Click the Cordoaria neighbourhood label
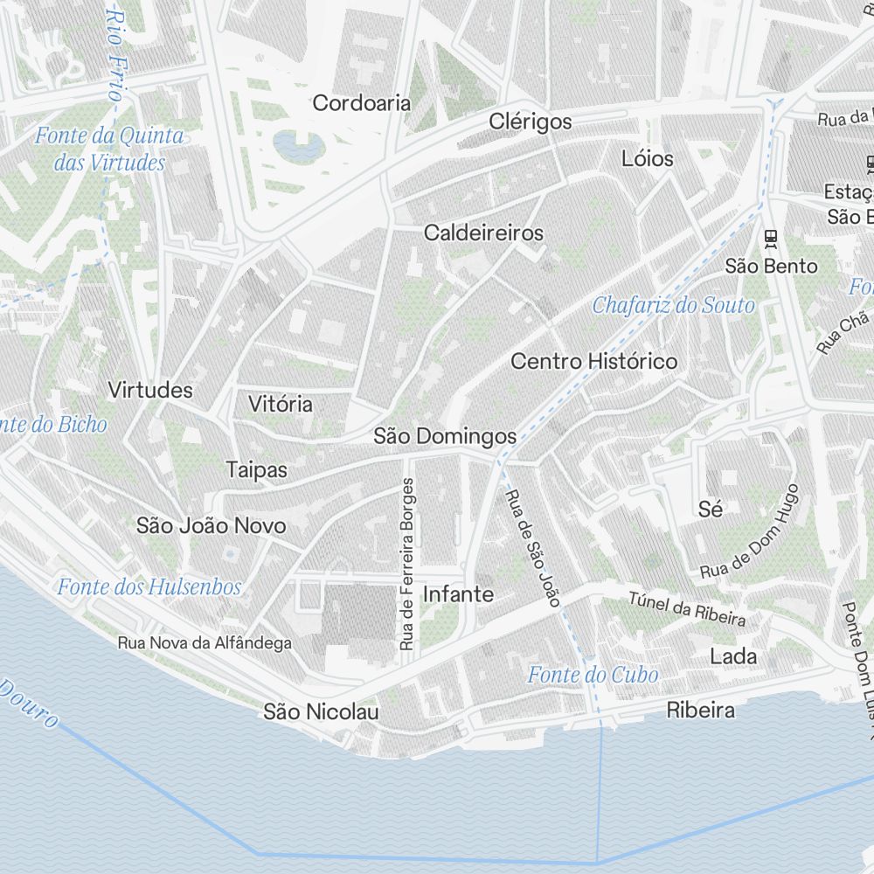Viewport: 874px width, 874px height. tap(361, 103)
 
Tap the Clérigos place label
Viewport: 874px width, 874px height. tap(531, 121)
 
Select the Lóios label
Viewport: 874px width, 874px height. tap(648, 158)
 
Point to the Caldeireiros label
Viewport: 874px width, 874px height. tap(483, 233)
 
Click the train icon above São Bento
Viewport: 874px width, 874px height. tap(770, 237)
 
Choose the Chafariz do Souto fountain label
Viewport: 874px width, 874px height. tap(673, 306)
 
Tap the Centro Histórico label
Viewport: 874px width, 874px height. tap(593, 361)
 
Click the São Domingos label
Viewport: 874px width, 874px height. tap(445, 435)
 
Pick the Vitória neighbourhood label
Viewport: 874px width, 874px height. tap(280, 404)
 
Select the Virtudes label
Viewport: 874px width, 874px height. tap(150, 390)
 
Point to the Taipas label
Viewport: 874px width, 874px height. tap(256, 469)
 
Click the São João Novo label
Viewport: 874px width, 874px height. tap(211, 525)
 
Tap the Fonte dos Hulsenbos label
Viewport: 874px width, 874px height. tap(149, 586)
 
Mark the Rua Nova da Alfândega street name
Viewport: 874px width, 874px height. tap(205, 643)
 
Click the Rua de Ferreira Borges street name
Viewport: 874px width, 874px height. tap(406, 564)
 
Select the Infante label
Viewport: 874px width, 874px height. tap(458, 594)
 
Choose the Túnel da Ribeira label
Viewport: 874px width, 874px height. tap(687, 609)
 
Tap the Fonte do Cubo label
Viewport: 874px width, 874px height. tap(593, 675)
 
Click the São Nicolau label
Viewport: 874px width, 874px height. tap(321, 712)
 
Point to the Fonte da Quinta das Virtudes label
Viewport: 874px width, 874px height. tap(109, 149)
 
